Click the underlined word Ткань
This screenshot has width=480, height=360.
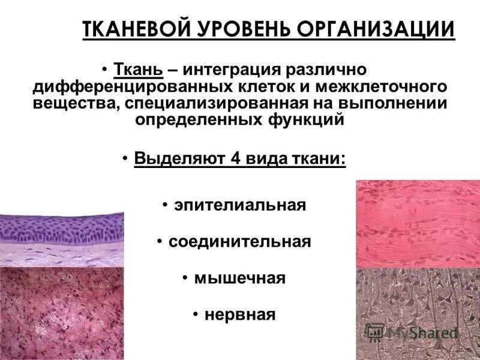[139, 71]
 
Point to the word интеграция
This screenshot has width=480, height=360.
[230, 71]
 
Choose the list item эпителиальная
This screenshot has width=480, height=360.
[240, 205]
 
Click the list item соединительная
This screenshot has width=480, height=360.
[239, 242]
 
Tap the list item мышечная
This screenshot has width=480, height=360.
[239, 278]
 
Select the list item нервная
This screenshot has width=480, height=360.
[239, 314]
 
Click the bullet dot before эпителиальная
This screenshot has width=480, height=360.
[164, 205]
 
